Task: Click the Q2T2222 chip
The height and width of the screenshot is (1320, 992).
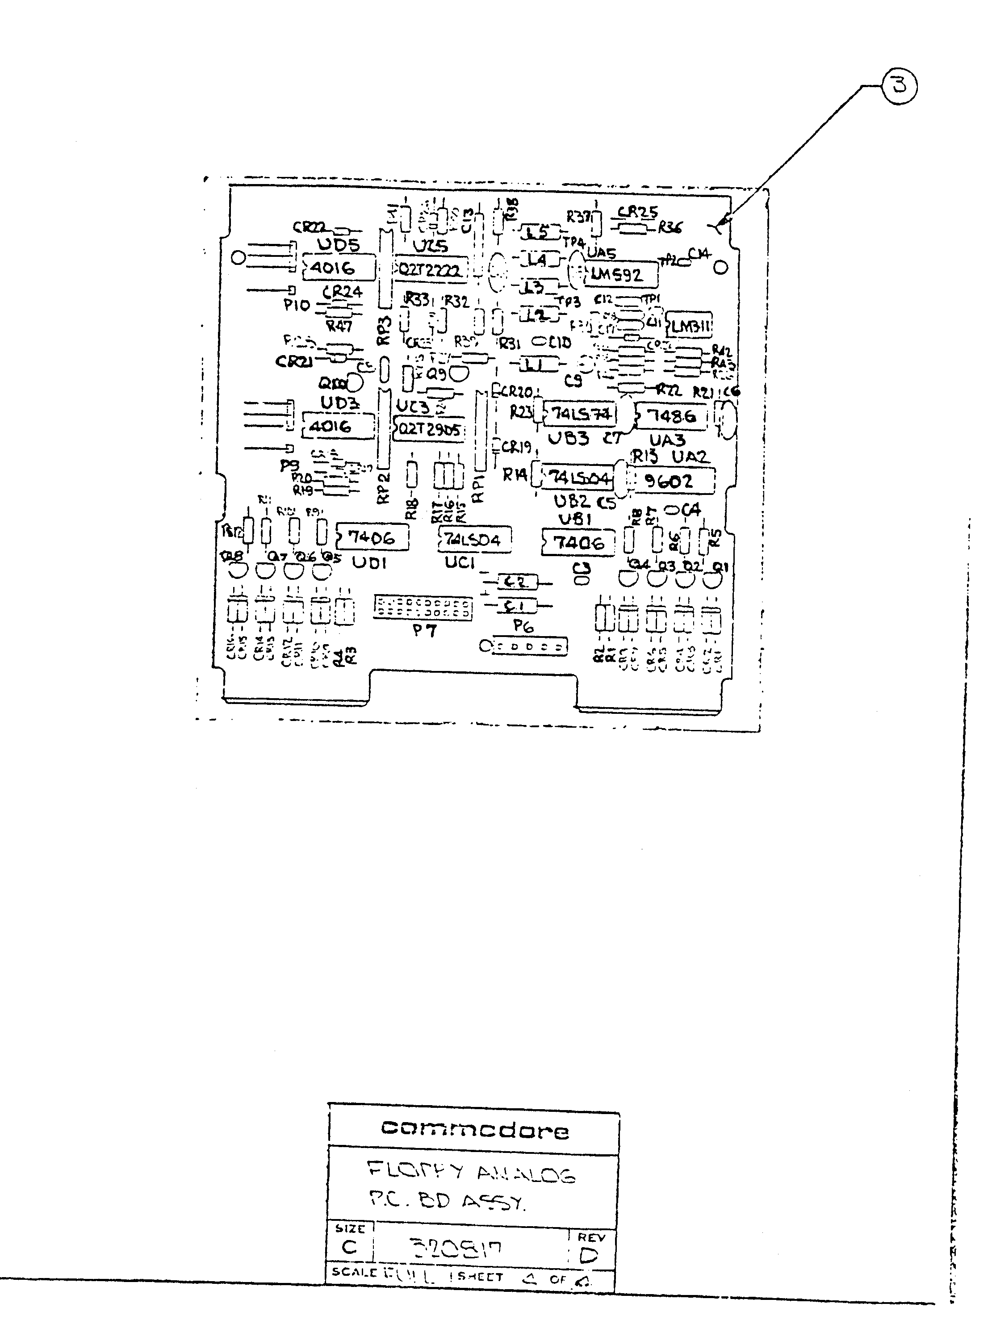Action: [x=430, y=270]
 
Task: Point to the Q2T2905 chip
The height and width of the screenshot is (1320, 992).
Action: [x=430, y=429]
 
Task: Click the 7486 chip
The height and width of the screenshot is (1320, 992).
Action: [x=671, y=416]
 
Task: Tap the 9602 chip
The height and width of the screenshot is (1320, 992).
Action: [x=669, y=481]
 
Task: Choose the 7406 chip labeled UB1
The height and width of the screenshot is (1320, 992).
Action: [x=578, y=542]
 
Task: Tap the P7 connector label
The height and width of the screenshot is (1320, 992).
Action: [x=425, y=630]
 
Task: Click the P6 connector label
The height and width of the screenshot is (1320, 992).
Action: [x=523, y=626]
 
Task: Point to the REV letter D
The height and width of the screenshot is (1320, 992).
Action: [x=588, y=1256]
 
